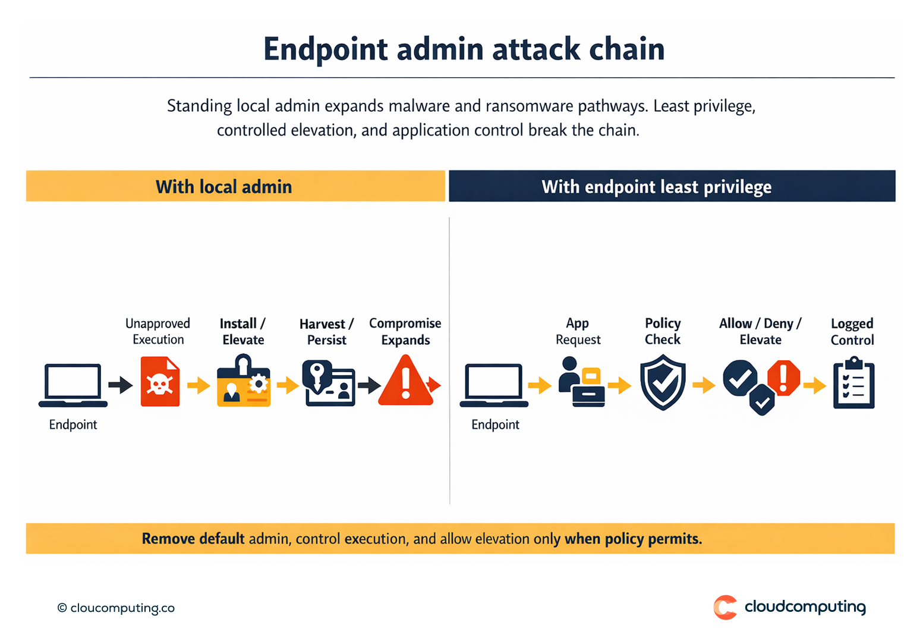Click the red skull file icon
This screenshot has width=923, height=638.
160,382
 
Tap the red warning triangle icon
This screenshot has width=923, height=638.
406,382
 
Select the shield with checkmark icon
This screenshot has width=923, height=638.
663,382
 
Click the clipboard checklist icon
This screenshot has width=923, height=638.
853,383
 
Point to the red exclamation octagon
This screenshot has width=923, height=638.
783,377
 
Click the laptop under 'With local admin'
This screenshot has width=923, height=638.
73,385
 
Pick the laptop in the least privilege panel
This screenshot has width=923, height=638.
494,385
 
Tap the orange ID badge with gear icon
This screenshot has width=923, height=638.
244,382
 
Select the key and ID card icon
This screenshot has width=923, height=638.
328,383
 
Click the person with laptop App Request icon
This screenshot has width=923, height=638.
581,382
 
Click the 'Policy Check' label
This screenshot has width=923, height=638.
663,331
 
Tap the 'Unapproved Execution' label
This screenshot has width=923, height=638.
158,331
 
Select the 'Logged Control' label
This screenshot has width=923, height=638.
852,332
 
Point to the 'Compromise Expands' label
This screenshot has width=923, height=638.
405,332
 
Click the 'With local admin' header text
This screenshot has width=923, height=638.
223,187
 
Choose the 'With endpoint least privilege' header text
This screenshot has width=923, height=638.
656,187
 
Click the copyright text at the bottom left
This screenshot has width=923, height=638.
116,608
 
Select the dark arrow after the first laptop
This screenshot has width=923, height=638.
121,385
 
